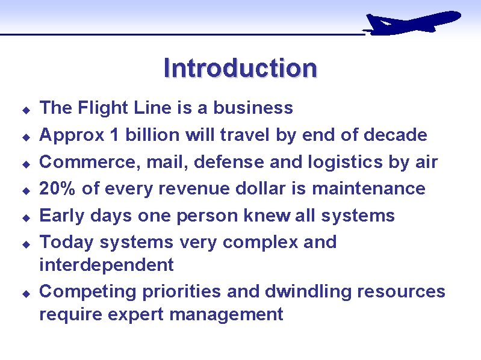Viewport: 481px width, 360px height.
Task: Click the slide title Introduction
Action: pyautogui.click(x=240, y=68)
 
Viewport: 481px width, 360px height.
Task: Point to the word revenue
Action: pyautogui.click(x=200, y=189)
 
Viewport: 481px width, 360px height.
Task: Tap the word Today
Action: pyautogui.click(x=67, y=243)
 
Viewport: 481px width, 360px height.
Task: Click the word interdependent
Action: pyautogui.click(x=107, y=265)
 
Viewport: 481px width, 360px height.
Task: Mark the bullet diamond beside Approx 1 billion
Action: pyautogui.click(x=26, y=137)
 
